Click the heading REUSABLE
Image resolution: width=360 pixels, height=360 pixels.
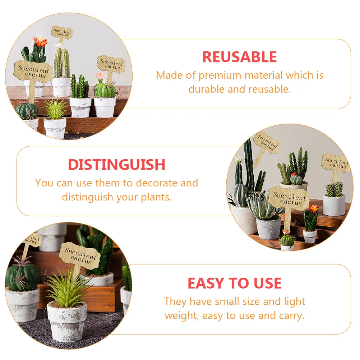click(239, 57)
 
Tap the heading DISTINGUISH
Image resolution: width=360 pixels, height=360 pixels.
click(117, 165)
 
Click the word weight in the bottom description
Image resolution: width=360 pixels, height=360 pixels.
click(181, 316)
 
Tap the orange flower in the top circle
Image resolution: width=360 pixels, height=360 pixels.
click(40, 42)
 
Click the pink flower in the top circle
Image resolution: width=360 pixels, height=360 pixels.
click(100, 75)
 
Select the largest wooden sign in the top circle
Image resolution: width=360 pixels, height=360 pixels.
click(32, 71)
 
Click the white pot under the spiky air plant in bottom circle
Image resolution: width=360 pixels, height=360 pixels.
click(67, 320)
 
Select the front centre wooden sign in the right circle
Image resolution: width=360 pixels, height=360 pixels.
click(289, 199)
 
